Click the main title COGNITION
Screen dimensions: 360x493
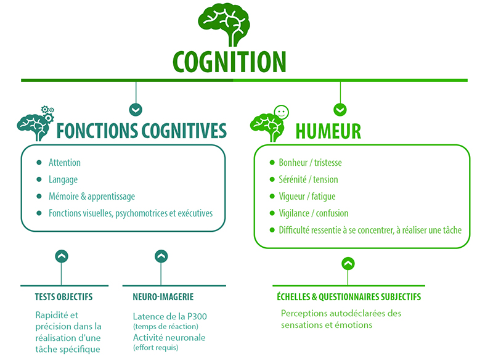pyautogui.click(x=229, y=62)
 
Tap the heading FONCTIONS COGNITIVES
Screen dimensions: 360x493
pyautogui.click(x=141, y=131)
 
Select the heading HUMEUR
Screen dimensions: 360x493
pyautogui.click(x=328, y=131)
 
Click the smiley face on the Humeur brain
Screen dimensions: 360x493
pyautogui.click(x=281, y=112)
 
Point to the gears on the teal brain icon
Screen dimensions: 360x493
pyautogui.click(x=47, y=113)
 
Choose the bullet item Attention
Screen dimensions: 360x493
pyautogui.click(x=65, y=163)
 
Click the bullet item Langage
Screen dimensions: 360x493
pyautogui.click(x=63, y=179)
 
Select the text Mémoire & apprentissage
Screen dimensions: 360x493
pyautogui.click(x=92, y=197)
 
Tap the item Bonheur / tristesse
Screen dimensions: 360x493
pyautogui.click(x=310, y=163)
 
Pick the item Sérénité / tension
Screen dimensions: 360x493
pyautogui.click(x=308, y=179)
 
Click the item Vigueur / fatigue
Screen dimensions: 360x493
pyautogui.click(x=307, y=197)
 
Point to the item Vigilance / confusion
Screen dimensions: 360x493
pyautogui.click(x=313, y=213)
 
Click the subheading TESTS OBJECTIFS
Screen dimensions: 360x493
pyautogui.click(x=63, y=297)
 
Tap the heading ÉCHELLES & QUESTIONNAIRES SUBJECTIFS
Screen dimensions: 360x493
pyautogui.click(x=348, y=297)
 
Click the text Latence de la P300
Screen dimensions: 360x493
pyautogui.click(x=169, y=317)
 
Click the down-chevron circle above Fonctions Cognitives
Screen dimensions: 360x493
pyautogui.click(x=136, y=109)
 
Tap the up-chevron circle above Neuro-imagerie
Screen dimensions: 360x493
pyautogui.click(x=161, y=256)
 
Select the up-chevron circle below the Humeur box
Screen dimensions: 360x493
pyautogui.click(x=348, y=263)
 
